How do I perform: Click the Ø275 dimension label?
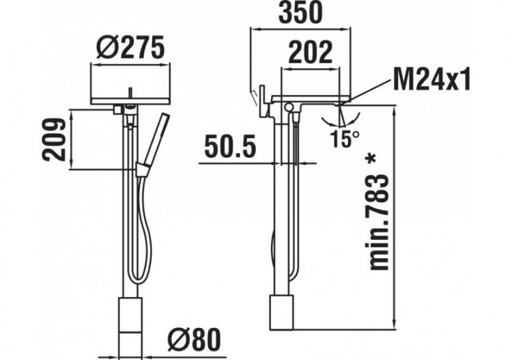[x=130, y=48]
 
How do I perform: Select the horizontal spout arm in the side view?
[x=311, y=100]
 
